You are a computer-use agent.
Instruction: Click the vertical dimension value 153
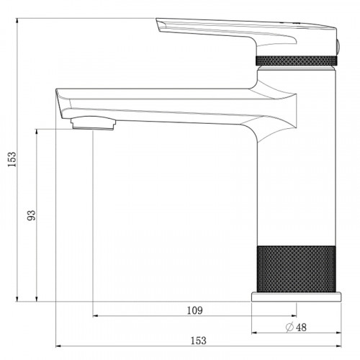click(12, 159)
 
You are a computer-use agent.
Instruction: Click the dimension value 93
click(31, 215)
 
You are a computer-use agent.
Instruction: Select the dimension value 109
click(194, 310)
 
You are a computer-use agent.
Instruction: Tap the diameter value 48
click(301, 328)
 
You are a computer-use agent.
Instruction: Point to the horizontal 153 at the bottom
click(198, 341)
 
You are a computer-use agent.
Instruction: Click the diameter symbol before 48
click(289, 327)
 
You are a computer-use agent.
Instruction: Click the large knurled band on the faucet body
click(296, 269)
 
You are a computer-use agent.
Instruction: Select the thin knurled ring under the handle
click(297, 60)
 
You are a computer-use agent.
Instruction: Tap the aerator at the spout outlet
click(93, 123)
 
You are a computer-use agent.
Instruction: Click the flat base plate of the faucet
click(296, 297)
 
